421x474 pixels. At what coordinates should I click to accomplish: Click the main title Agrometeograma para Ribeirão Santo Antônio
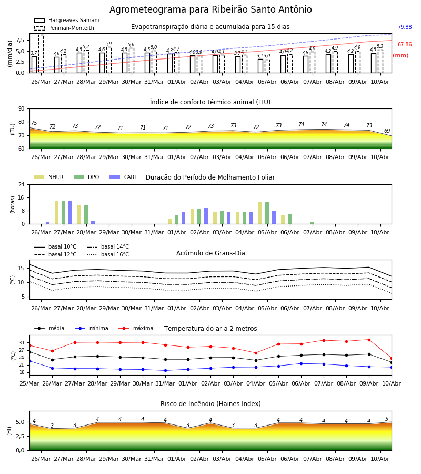point(210,9)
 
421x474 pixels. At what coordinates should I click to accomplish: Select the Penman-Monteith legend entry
point(64,28)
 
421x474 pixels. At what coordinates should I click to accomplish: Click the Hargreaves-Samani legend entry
point(66,20)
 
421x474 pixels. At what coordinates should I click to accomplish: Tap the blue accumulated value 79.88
point(405,27)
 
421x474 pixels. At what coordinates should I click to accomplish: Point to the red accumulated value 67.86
point(405,44)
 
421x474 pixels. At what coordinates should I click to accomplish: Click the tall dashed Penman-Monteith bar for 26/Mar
point(41,54)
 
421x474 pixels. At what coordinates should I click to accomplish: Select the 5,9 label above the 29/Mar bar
point(109,44)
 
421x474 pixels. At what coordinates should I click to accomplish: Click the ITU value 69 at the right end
point(387,131)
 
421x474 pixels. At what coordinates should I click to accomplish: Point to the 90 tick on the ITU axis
point(22,109)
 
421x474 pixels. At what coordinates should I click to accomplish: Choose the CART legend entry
point(124,177)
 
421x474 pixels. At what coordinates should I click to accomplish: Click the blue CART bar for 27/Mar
point(71,212)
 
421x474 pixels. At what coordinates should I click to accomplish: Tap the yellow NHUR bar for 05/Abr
point(260,213)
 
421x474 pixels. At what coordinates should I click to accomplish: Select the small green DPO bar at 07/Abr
point(312,223)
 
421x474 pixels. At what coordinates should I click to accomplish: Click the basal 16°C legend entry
point(108,254)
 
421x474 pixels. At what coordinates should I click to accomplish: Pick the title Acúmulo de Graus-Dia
point(210,253)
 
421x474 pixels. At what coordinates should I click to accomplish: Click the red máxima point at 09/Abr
point(369,340)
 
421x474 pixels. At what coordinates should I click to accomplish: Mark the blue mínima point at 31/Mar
point(165,370)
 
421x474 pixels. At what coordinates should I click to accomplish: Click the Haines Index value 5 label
point(387,419)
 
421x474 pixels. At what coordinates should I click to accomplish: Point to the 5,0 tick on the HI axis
point(21,422)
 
